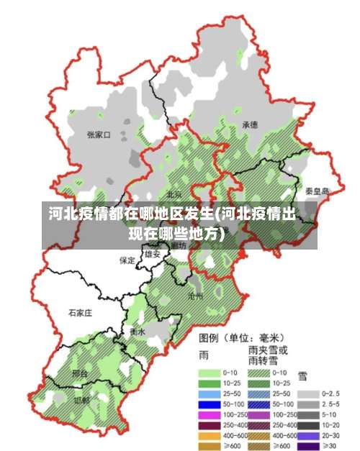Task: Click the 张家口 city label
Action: pos(98,135)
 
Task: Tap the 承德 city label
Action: pos(250,124)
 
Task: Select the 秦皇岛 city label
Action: pos(317,191)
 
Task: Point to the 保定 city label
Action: pos(127,260)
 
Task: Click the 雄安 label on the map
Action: pos(153,254)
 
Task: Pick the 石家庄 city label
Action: pos(81,313)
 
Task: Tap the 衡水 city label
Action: pos(138,332)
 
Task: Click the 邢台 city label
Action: pos(81,374)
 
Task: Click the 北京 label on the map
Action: pos(174,194)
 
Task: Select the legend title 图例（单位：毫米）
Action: pos(241,337)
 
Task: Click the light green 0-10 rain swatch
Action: pos(210,373)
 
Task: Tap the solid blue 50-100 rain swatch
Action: pos(210,404)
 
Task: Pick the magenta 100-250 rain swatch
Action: pos(210,415)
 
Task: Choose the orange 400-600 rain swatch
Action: pos(210,436)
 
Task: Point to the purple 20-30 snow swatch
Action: pos(309,436)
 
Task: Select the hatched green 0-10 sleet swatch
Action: pos(260,373)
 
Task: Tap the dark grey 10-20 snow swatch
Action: pos(309,425)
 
